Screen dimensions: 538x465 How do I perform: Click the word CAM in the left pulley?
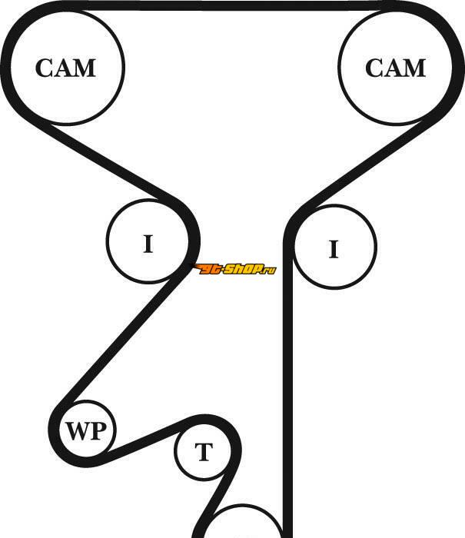pos(65,68)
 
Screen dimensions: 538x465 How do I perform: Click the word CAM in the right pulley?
pos(395,68)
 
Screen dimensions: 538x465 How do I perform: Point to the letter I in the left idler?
pos(148,244)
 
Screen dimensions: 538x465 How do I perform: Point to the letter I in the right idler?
pos(334,249)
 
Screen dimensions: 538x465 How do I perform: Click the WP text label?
pos(87,431)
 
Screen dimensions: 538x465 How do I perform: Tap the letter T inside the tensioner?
pos(203,453)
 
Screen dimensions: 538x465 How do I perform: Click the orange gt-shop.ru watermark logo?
pos(234,269)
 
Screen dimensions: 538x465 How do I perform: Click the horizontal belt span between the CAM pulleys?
pos(231,5)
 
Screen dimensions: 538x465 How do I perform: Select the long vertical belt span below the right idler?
pos(289,384)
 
